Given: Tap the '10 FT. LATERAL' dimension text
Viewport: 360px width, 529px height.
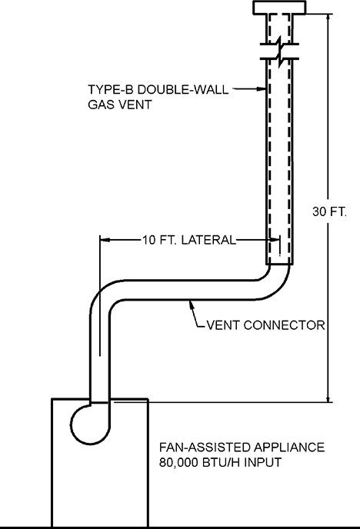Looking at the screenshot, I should (188, 240).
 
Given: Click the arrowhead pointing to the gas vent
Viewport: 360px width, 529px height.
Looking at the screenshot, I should (262, 90).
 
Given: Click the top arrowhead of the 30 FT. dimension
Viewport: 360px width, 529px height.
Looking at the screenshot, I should (329, 18).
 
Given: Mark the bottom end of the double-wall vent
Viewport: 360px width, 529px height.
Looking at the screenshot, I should (278, 264).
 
